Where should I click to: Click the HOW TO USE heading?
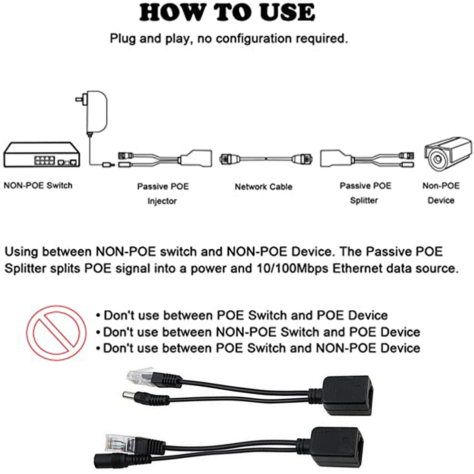pyautogui.click(x=227, y=13)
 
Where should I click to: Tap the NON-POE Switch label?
pyautogui.click(x=38, y=185)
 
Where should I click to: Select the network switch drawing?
pyautogui.click(x=42, y=154)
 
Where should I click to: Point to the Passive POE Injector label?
pyautogui.click(x=163, y=194)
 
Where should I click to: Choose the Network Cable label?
pyautogui.click(x=264, y=187)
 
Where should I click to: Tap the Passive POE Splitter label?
pyautogui.click(x=365, y=193)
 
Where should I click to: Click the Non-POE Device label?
pyautogui.click(x=441, y=193)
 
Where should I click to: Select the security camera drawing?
pyautogui.click(x=448, y=153)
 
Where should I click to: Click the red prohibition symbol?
pyautogui.click(x=56, y=333)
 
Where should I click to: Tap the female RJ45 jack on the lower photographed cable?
pyautogui.click(x=337, y=445)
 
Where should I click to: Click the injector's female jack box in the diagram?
pyautogui.click(x=196, y=158)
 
